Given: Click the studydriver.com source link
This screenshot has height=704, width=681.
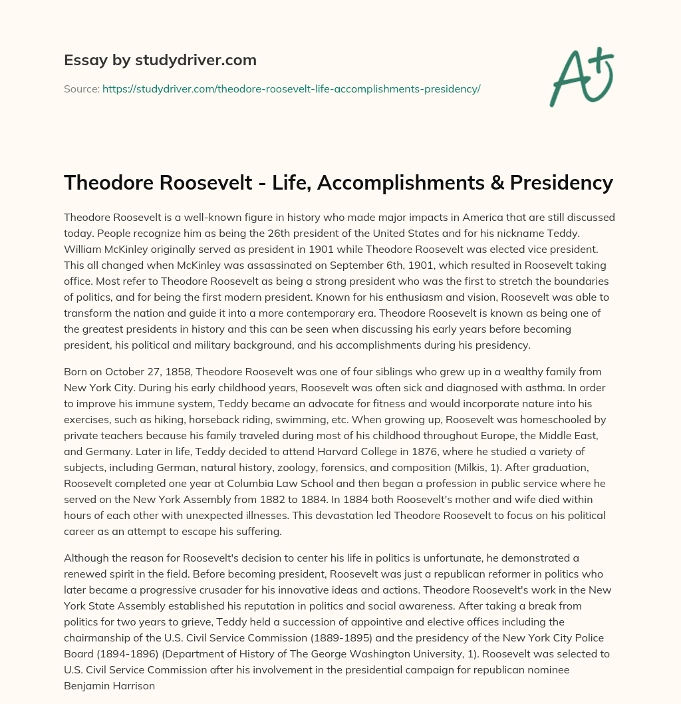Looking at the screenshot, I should [x=291, y=88].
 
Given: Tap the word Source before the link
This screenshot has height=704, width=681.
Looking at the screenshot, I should [x=81, y=88].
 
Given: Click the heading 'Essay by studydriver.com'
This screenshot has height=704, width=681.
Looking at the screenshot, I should [x=160, y=60].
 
